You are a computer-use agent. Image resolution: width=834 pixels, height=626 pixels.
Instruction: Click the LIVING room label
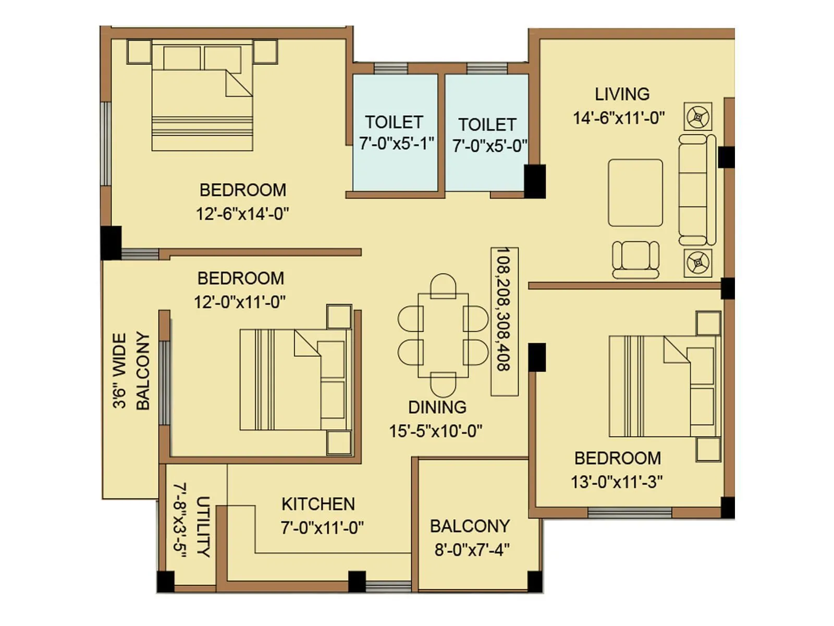[x=622, y=94]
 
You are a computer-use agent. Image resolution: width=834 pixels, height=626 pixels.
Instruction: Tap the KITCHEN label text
[x=318, y=504]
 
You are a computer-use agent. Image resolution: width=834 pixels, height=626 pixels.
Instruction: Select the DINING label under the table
[x=437, y=407]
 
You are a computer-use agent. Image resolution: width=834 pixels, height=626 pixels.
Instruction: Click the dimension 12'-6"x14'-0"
[x=242, y=214]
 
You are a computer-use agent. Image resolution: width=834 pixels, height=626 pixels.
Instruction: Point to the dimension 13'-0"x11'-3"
[x=617, y=481]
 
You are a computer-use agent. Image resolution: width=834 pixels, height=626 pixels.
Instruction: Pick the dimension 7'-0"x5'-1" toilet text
[x=396, y=143]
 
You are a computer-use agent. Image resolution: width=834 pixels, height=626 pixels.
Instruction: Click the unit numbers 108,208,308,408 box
[x=504, y=321]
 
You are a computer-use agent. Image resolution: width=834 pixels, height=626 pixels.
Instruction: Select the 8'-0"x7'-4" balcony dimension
[x=472, y=549]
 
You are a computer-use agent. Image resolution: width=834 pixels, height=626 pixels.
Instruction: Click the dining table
[x=443, y=335]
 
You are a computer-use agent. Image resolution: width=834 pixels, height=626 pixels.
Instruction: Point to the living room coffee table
[x=635, y=193]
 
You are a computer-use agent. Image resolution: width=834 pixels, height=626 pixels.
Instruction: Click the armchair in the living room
[x=635, y=259]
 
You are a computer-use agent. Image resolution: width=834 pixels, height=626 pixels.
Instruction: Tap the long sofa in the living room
[x=697, y=190]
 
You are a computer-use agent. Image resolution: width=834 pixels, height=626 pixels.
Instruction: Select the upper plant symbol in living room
[x=697, y=116]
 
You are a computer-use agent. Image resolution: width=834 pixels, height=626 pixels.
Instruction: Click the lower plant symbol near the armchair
[x=697, y=262]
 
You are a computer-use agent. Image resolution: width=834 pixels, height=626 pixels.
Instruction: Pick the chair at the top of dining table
[x=443, y=285]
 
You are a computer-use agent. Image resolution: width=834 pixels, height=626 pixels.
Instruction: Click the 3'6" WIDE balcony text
[x=119, y=371]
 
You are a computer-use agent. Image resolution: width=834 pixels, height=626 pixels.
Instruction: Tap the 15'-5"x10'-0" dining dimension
[x=435, y=431]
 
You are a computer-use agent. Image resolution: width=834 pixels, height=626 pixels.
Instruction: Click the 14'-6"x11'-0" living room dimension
[x=619, y=118]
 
